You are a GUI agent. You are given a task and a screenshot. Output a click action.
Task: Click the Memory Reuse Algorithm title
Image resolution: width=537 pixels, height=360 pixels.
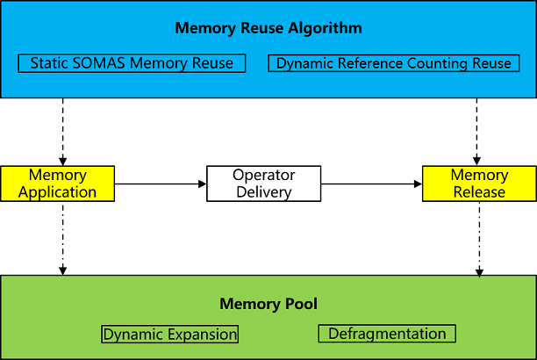click(x=268, y=28)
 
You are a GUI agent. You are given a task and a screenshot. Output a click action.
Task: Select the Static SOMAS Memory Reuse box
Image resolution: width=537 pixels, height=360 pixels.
click(x=132, y=63)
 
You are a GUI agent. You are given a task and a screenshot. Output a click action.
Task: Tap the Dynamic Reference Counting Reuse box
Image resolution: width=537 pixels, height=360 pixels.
click(x=393, y=63)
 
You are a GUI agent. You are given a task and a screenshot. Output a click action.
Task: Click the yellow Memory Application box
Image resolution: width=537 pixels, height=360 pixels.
click(x=58, y=184)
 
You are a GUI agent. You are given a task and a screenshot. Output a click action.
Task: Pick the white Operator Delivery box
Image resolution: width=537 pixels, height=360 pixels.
click(x=263, y=184)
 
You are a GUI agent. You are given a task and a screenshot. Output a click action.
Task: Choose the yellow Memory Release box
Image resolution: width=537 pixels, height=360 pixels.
click(x=478, y=184)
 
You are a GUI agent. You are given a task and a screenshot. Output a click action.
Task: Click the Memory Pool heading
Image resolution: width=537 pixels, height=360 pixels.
click(x=268, y=305)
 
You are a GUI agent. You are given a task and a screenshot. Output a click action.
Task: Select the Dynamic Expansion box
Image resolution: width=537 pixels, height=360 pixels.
click(x=170, y=334)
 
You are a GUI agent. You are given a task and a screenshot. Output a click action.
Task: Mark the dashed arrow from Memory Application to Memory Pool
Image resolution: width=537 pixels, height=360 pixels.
click(x=63, y=237)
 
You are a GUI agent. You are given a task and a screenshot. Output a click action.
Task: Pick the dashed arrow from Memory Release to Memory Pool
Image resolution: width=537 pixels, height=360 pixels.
click(x=479, y=237)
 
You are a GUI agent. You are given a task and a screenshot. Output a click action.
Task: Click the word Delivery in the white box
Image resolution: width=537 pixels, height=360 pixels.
click(x=263, y=191)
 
